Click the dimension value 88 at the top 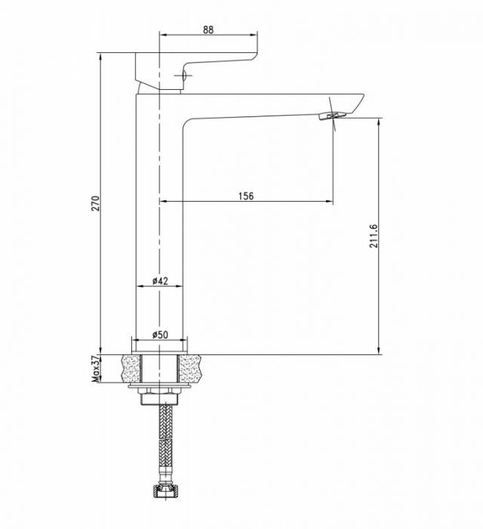pyautogui.click(x=208, y=29)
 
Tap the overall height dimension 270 pyautogui.click(x=97, y=203)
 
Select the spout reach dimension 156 pyautogui.click(x=246, y=196)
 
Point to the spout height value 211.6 pyautogui.click(x=374, y=236)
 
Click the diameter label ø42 pyautogui.click(x=160, y=280)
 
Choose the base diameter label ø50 pyautogui.click(x=160, y=335)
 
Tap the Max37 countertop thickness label pyautogui.click(x=97, y=369)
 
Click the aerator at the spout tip pyautogui.click(x=332, y=116)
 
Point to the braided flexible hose pyautogui.click(x=166, y=444)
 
